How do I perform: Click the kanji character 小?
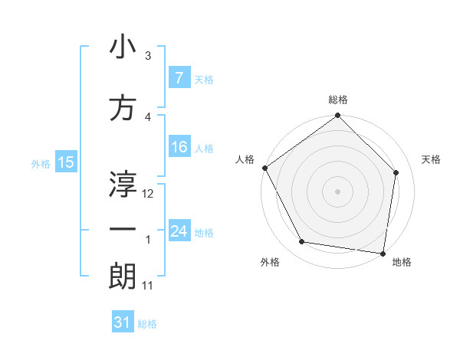pos(123,47)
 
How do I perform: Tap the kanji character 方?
pos(123,109)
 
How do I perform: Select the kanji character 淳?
pos(123,184)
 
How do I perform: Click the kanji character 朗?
pos(123,276)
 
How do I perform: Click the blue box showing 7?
pos(179,77)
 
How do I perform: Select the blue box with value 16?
pos(179,148)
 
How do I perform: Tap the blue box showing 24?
pos(179,231)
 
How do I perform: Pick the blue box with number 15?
pos(65,162)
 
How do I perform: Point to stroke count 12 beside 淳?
pos(149,194)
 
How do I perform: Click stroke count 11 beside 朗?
pos(148,286)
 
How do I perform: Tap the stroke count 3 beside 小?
pos(148,56)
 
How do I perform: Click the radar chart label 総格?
pos(338,100)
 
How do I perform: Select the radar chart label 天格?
pos(432,159)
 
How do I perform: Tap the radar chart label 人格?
pos(245,159)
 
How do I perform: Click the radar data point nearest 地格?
pos(383,252)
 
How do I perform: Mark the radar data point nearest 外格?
pos(302,242)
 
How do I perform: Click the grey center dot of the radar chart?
pos(338,191)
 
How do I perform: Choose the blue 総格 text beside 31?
pos(147,324)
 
